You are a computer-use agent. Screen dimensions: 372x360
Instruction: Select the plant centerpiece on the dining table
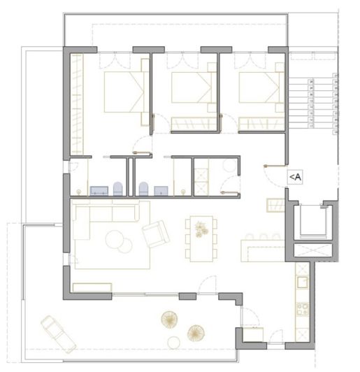point(201,228)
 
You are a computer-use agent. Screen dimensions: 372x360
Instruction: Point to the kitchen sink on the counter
point(301,283)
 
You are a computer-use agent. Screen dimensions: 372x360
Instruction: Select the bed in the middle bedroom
point(192,90)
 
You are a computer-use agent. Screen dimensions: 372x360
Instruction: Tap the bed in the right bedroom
point(257,90)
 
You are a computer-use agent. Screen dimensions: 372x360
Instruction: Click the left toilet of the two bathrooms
point(117,187)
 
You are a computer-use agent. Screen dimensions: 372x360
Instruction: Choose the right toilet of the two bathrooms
point(143,187)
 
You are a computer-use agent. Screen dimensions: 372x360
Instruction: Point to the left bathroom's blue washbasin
point(98,189)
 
